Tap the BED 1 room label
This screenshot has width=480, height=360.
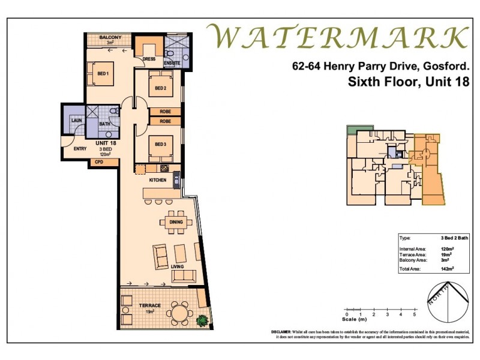pyautogui.click(x=103, y=74)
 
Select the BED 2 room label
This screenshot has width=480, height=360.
pyautogui.click(x=160, y=89)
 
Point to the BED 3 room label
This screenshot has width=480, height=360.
pyautogui.click(x=160, y=145)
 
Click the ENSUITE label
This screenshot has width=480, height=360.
pyautogui.click(x=172, y=62)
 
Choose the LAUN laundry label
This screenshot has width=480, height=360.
pyautogui.click(x=76, y=121)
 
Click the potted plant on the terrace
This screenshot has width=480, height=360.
pyautogui.click(x=204, y=320)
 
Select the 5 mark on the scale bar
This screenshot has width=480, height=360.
pyautogui.click(x=415, y=314)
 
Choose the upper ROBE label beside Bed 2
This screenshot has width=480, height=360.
pyautogui.click(x=166, y=112)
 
